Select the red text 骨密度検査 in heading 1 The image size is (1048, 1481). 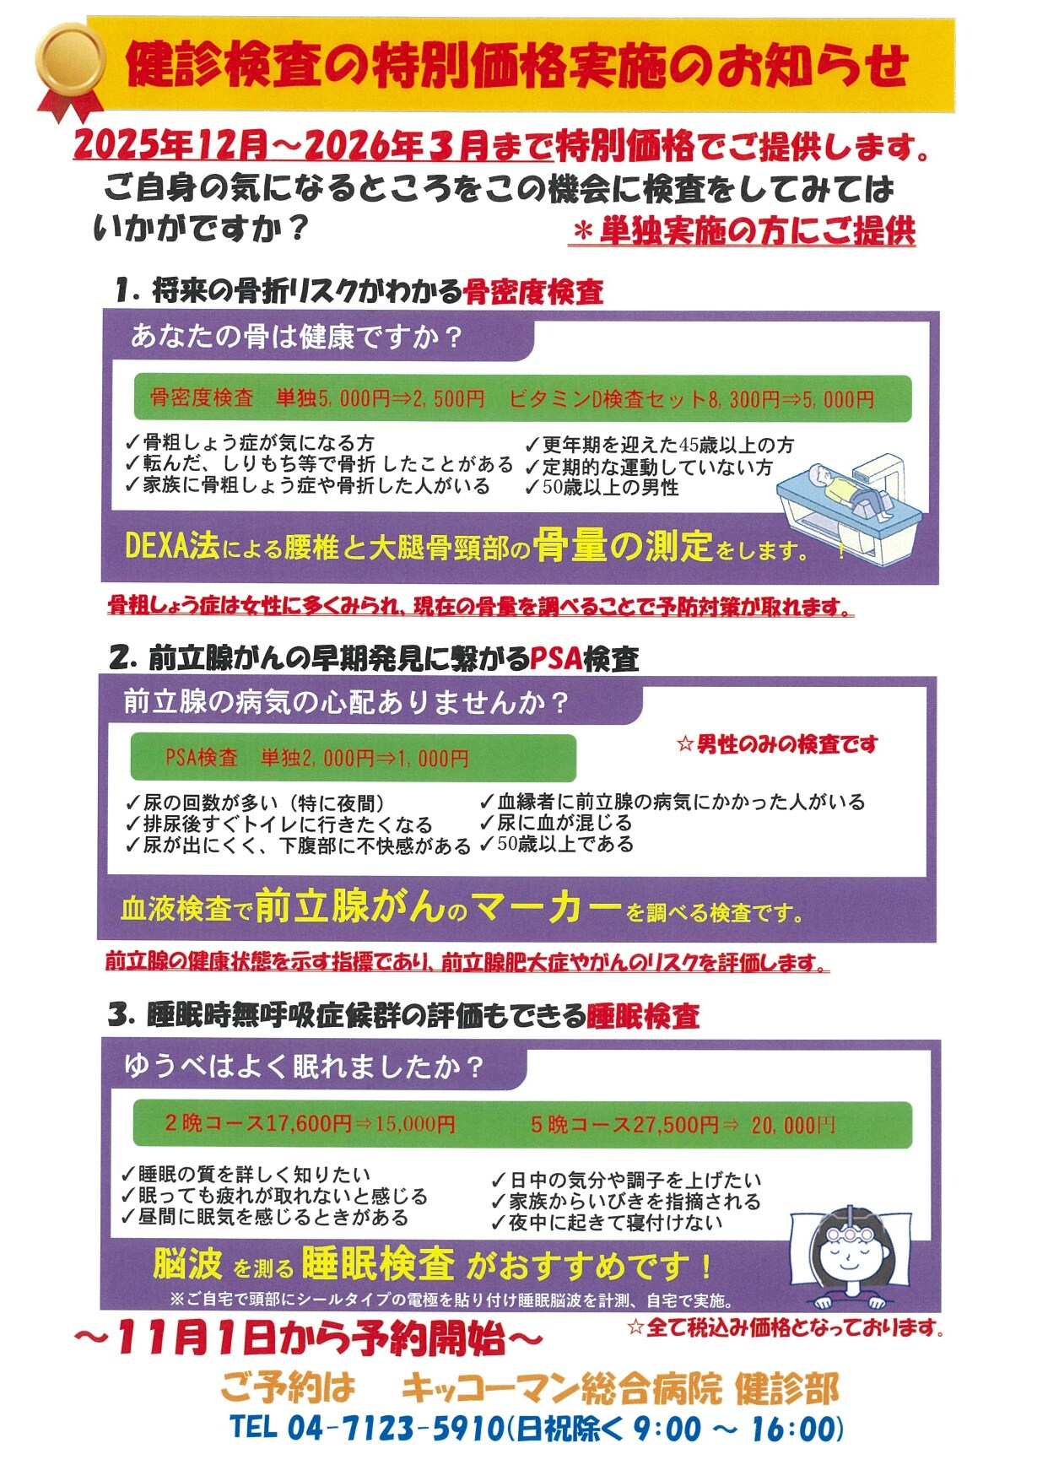click(x=533, y=291)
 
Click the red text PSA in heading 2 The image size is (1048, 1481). click(x=556, y=658)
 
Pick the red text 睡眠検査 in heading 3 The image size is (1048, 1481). click(x=643, y=1016)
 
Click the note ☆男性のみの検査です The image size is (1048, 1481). click(x=777, y=744)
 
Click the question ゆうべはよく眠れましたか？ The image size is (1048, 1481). click(x=304, y=1067)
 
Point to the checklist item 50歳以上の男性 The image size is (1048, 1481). click(x=609, y=488)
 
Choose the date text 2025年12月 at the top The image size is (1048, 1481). click(x=169, y=146)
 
